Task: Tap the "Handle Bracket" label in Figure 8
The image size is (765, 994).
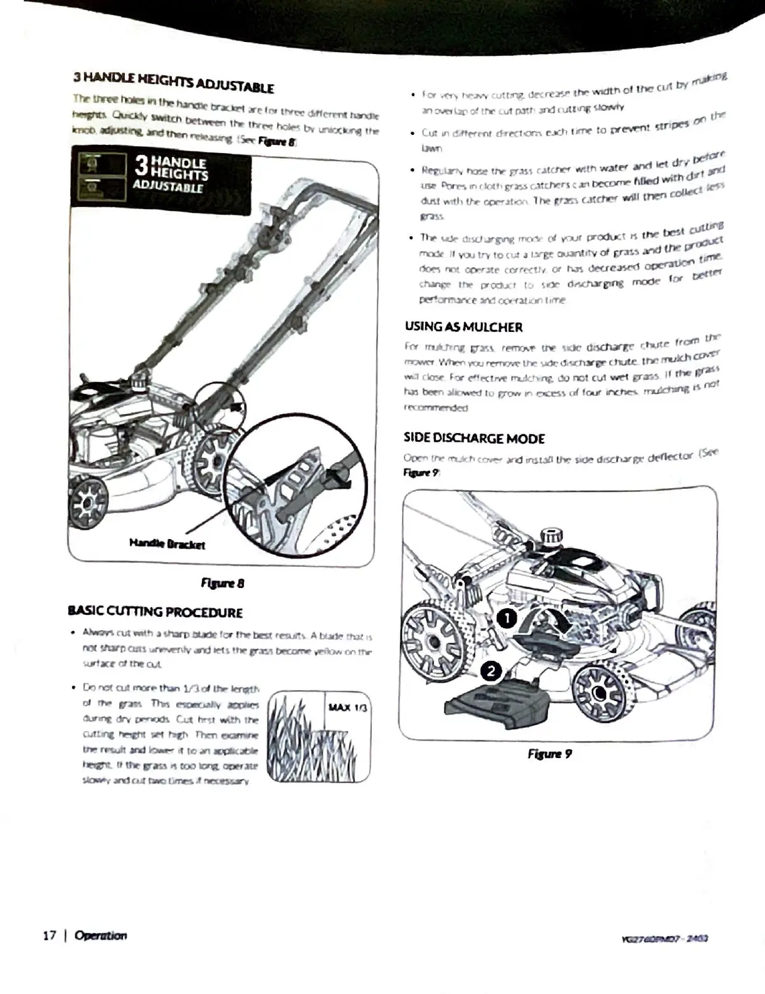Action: [167, 543]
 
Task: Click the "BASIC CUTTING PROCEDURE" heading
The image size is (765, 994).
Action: [155, 612]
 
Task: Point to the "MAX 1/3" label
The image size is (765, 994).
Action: [348, 708]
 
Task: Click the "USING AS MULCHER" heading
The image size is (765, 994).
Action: [463, 327]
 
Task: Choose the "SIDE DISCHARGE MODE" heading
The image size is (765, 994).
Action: [474, 438]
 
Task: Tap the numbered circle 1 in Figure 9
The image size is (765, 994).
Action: [507, 619]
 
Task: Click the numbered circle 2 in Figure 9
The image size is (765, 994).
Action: [491, 671]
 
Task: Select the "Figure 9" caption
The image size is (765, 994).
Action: [549, 754]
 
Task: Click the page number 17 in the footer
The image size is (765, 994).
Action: [50, 935]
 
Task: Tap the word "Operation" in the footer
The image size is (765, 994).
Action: [100, 935]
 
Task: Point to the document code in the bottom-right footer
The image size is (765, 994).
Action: [663, 939]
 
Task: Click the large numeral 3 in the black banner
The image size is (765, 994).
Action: [142, 166]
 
